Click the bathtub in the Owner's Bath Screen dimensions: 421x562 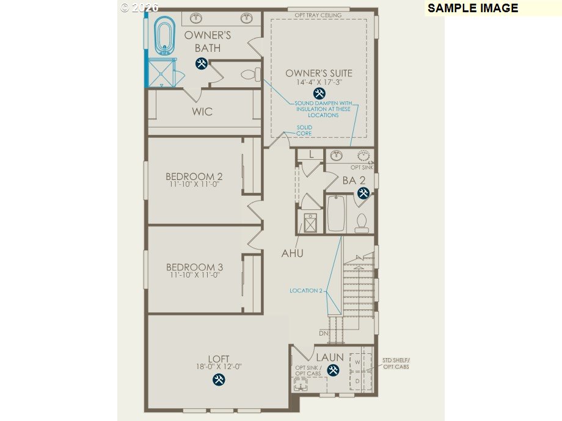pyautogui.click(x=163, y=35)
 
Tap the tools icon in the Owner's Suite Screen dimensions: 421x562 pyautogui.click(x=319, y=93)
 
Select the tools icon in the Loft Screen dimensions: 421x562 pyautogui.click(x=219, y=380)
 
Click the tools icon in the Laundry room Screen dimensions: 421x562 pyautogui.click(x=333, y=370)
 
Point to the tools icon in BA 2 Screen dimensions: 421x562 pyautogui.click(x=363, y=193)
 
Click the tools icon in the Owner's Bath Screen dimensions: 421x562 pyautogui.click(x=201, y=63)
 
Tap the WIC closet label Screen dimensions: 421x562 pyautogui.click(x=202, y=112)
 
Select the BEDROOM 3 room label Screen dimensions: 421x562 pyautogui.click(x=194, y=267)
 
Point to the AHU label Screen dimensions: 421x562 pyautogui.click(x=292, y=253)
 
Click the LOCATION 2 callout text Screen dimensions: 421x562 pyautogui.click(x=306, y=291)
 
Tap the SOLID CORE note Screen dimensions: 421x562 pyautogui.click(x=304, y=131)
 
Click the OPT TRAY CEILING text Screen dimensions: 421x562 pyautogui.click(x=318, y=15)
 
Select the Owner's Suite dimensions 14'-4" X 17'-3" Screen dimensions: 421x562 pyautogui.click(x=319, y=82)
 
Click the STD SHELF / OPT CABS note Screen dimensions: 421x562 pyautogui.click(x=396, y=364)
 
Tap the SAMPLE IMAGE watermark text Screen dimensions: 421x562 pyautogui.click(x=473, y=8)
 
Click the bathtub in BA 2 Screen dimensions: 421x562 pyautogui.click(x=336, y=214)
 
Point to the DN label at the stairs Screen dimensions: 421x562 pyautogui.click(x=323, y=334)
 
